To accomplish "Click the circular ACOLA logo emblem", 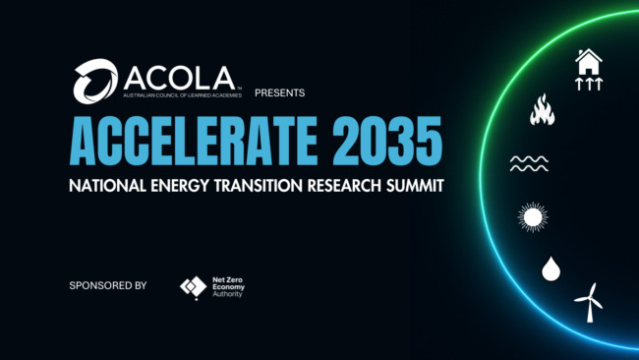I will point(95,80).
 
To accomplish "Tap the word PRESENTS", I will point(280,93).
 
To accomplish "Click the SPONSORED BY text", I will point(107,285).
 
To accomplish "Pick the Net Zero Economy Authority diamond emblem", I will point(193,287).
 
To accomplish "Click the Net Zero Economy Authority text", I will point(229,286).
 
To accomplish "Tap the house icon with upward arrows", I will point(588,70).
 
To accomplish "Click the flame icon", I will point(542,110).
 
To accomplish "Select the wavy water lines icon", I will point(528,162).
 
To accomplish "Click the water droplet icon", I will point(550,267).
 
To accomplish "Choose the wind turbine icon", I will point(589,301).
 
